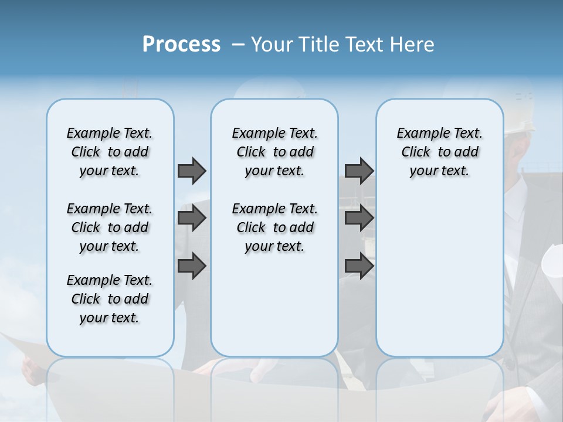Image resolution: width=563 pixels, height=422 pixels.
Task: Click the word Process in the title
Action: [x=181, y=45]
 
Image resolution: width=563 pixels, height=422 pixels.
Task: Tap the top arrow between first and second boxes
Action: [x=192, y=171]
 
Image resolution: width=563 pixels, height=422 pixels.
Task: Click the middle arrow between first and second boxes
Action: [x=192, y=218]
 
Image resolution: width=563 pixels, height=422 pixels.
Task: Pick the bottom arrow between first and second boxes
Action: [x=192, y=266]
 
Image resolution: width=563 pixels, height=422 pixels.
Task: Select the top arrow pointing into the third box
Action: [x=359, y=171]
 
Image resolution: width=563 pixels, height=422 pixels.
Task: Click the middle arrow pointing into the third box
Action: [x=359, y=218]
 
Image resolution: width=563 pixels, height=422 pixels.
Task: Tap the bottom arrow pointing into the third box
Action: [x=359, y=266]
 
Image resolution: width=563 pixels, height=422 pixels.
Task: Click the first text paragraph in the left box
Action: [x=110, y=152]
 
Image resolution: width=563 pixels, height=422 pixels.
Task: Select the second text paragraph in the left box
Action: [x=110, y=227]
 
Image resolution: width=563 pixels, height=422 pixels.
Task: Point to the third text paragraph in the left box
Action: [x=110, y=299]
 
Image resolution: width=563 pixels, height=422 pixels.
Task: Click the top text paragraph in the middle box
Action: [x=274, y=152]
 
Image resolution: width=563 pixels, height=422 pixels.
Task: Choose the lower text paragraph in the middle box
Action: [x=274, y=227]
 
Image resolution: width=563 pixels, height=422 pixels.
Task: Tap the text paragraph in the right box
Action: [x=439, y=152]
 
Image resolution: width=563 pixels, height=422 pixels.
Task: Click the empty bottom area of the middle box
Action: [x=274, y=311]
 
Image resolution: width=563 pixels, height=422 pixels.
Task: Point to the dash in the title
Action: [x=239, y=45]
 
